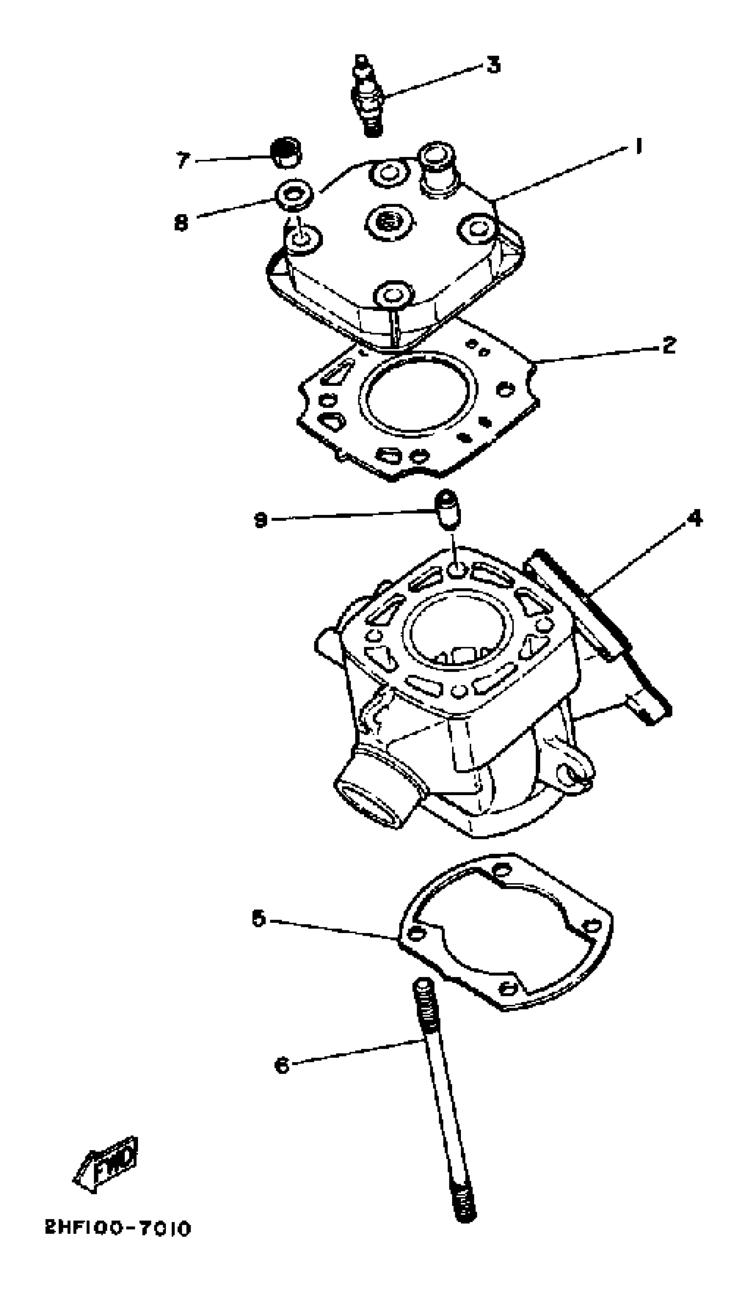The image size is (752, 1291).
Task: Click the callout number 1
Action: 638,147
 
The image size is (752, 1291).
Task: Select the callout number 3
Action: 493,65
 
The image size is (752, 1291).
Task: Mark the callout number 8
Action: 181,222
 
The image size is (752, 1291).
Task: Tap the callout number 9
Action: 261,521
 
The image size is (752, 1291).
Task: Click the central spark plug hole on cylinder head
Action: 388,223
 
